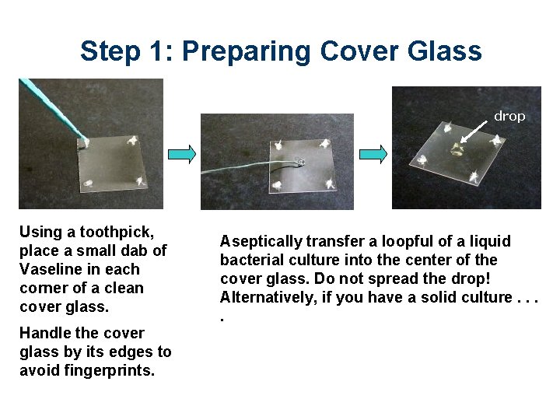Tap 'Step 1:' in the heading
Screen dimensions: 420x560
(126, 51)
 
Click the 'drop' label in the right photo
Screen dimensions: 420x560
(509, 116)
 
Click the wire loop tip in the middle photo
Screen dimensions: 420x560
(300, 163)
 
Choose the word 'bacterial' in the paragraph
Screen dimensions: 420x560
(250, 260)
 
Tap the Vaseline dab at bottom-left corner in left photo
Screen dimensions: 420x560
(89, 184)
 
